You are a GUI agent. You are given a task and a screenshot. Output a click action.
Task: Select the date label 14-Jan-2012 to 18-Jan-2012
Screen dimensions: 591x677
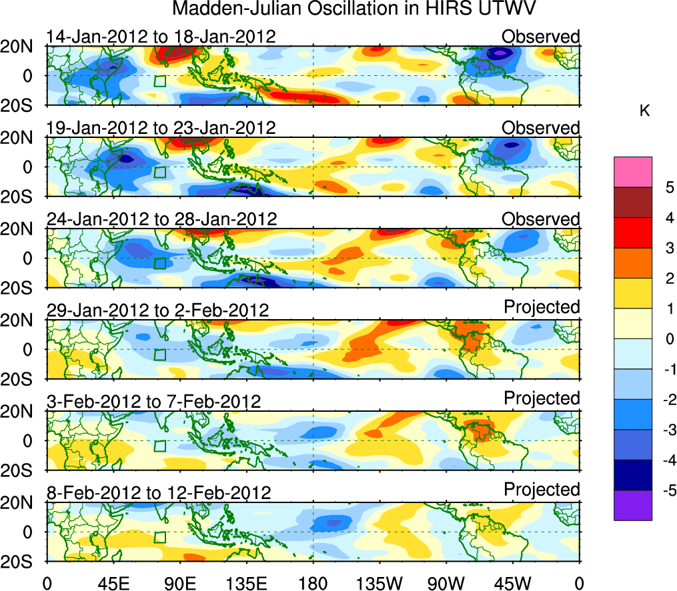point(161,37)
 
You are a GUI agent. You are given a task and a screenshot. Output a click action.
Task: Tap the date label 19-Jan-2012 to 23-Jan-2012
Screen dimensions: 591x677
point(161,127)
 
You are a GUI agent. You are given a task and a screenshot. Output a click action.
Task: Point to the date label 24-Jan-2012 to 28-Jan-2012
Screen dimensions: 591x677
point(161,219)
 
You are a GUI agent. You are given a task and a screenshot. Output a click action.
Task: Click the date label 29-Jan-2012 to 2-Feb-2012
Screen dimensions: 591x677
point(157,310)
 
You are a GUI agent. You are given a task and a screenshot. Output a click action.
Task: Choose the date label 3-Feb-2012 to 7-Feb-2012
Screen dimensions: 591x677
point(153,401)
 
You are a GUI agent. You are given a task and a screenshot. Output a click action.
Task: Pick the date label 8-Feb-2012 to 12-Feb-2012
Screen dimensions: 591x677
point(159,492)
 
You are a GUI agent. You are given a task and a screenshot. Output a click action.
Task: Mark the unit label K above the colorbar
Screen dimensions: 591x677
point(645,111)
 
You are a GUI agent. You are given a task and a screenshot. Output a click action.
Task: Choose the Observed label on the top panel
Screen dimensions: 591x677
point(541,37)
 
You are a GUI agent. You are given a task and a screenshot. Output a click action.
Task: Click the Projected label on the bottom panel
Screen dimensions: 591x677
point(542,490)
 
